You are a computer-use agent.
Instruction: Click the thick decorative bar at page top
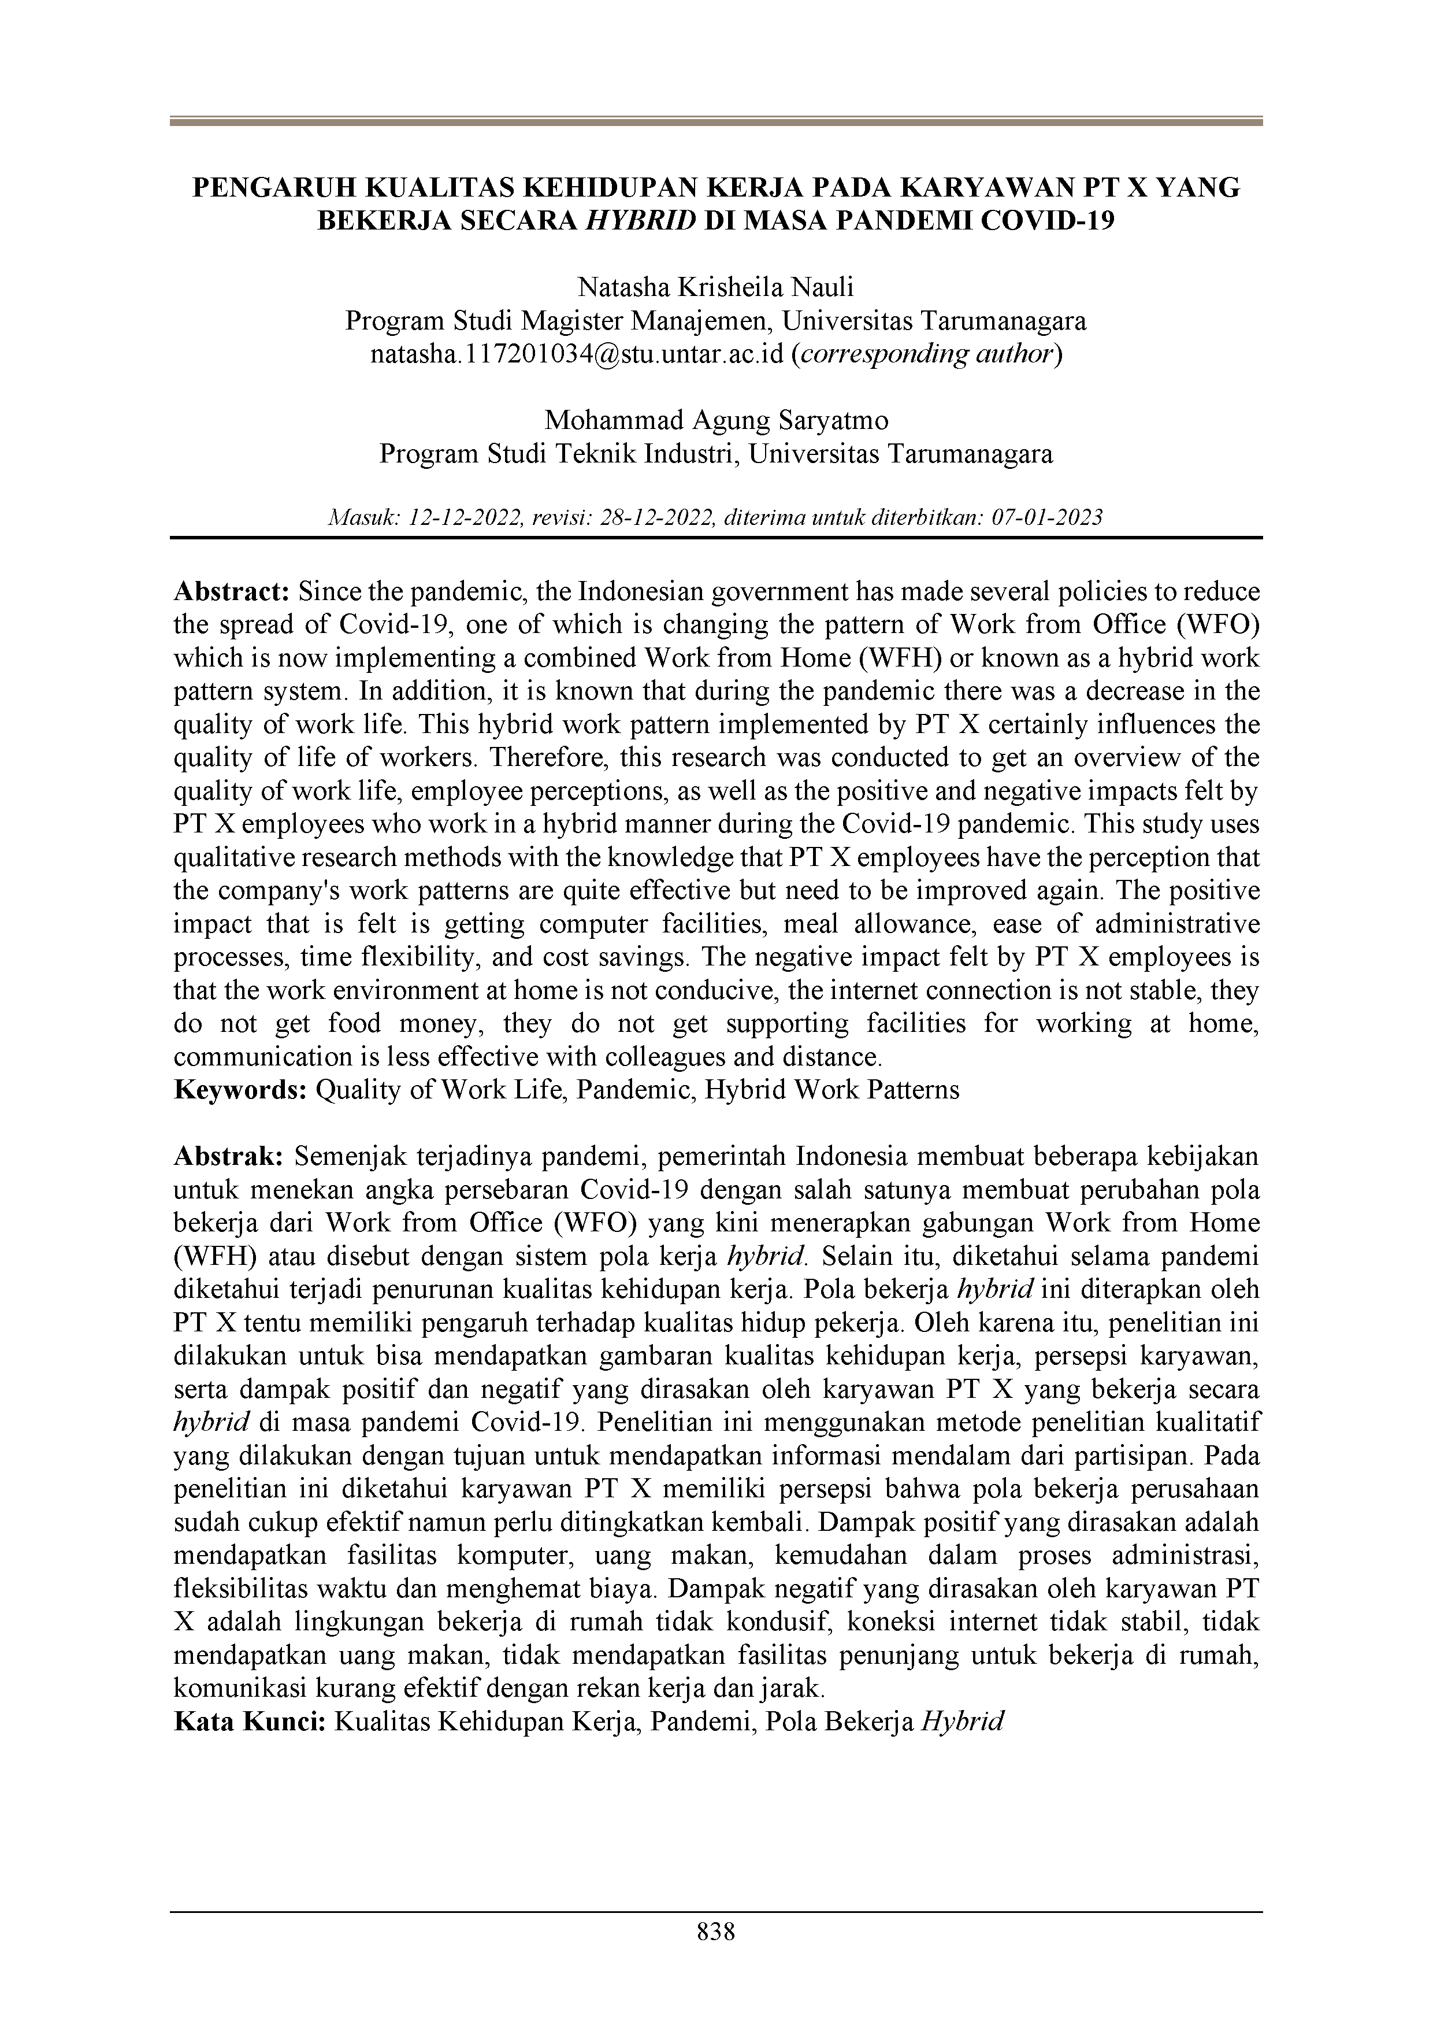716,122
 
